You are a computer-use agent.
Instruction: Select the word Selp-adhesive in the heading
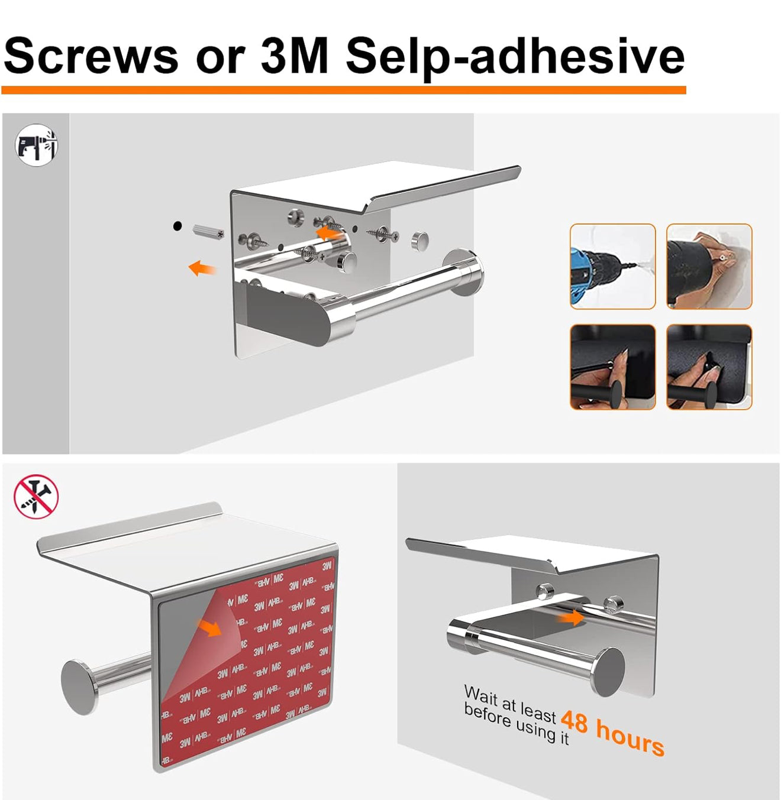[x=515, y=58]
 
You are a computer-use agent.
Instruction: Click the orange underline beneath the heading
[x=344, y=90]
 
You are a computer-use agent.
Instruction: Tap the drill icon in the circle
[x=36, y=145]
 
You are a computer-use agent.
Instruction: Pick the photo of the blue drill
[x=612, y=266]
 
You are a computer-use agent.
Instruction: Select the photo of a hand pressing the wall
[x=709, y=266]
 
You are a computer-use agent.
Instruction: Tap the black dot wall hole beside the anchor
[x=177, y=226]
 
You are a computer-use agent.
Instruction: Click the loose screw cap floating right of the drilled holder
[x=419, y=241]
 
